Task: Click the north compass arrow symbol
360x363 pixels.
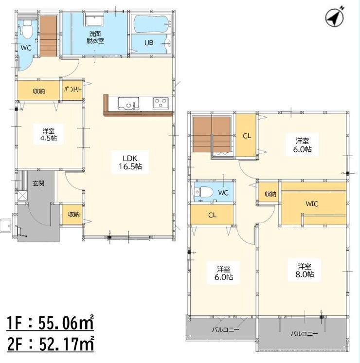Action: (x=335, y=18)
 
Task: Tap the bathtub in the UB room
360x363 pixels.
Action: (x=151, y=24)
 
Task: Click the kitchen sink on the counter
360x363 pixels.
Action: (x=129, y=104)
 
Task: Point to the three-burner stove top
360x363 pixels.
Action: (x=161, y=103)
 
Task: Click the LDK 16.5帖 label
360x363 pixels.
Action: (x=130, y=163)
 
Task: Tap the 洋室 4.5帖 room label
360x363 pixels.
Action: (x=48, y=135)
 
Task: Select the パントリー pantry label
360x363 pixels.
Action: (x=72, y=90)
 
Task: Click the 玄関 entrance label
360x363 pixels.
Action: (x=38, y=184)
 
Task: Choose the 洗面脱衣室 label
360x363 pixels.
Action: (x=95, y=37)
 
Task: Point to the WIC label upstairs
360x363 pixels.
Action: (x=312, y=204)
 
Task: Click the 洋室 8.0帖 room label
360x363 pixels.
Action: (x=305, y=270)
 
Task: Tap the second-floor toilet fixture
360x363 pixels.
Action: (x=204, y=192)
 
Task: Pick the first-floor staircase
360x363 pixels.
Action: (x=49, y=36)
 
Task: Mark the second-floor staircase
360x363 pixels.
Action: (x=212, y=134)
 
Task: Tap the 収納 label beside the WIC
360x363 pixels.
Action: (x=270, y=194)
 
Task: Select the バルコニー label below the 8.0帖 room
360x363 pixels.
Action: (x=304, y=334)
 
